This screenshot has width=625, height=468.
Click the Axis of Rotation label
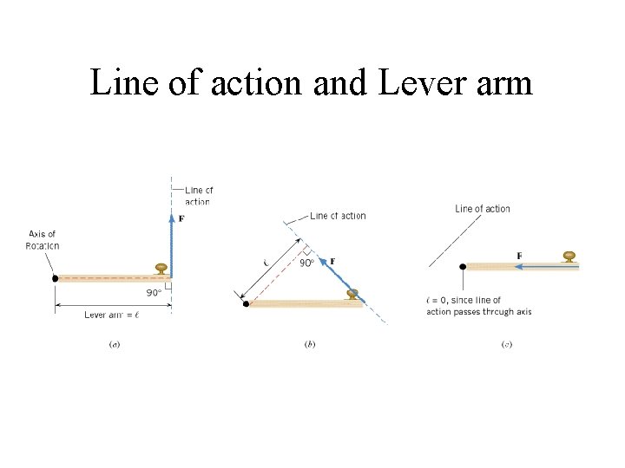[43, 239]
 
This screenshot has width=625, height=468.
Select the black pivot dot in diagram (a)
[55, 278]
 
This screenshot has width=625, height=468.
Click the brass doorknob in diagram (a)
[161, 269]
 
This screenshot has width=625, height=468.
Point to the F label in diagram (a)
[181, 218]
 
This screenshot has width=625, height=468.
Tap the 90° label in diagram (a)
[154, 293]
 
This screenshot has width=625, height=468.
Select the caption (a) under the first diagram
[114, 344]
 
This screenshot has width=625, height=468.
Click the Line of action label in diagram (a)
[198, 196]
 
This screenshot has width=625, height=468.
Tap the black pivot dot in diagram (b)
[246, 303]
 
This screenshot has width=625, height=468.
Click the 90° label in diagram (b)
[306, 263]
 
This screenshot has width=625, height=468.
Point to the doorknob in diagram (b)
[352, 294]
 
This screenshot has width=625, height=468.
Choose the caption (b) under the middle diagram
[310, 344]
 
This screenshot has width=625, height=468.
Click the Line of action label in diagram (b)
[338, 216]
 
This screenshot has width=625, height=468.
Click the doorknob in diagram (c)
[569, 256]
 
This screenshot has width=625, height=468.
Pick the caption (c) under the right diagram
[507, 344]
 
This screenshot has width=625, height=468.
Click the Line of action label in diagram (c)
[483, 209]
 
